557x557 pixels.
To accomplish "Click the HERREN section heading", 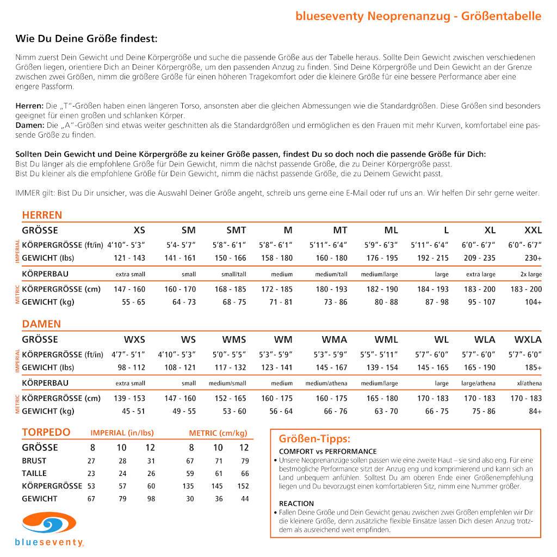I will click(42, 215).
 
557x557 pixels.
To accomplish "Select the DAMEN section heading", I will click(41, 324).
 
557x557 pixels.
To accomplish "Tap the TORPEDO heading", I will click(46, 432).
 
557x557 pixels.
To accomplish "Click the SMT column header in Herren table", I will click(236, 230).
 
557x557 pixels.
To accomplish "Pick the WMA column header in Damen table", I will click(334, 339).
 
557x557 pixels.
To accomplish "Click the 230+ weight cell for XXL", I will click(533, 258).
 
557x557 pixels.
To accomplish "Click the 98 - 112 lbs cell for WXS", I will click(132, 368).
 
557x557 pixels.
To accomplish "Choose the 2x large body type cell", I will click(531, 274).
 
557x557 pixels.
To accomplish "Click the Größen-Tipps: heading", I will click(314, 438).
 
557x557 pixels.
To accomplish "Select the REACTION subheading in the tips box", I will click(296, 503).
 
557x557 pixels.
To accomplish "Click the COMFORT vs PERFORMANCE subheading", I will click(327, 451).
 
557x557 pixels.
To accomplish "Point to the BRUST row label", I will click(34, 461).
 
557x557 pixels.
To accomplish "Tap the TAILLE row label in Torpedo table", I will click(34, 473).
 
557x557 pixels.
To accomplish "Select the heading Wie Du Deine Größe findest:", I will click(86, 39).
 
